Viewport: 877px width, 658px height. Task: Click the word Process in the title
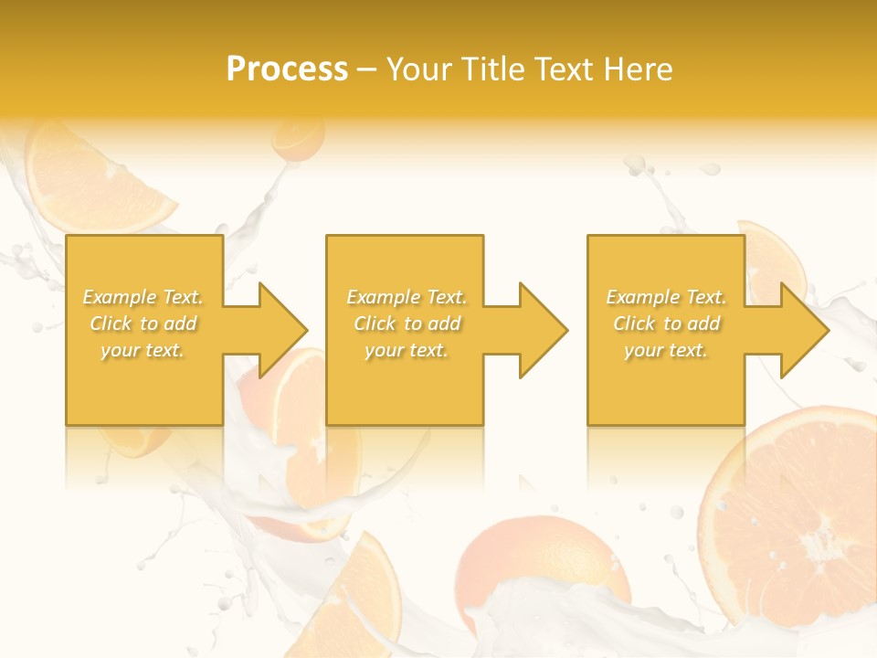coord(287,69)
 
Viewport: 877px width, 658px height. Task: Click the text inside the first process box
coord(143,324)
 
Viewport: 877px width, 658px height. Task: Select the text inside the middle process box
coord(406,324)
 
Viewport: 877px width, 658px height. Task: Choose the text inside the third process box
coord(666,324)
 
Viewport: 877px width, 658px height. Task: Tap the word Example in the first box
coord(120,297)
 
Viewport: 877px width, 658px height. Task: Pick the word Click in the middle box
coord(374,324)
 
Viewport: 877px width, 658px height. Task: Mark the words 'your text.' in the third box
coord(666,350)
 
